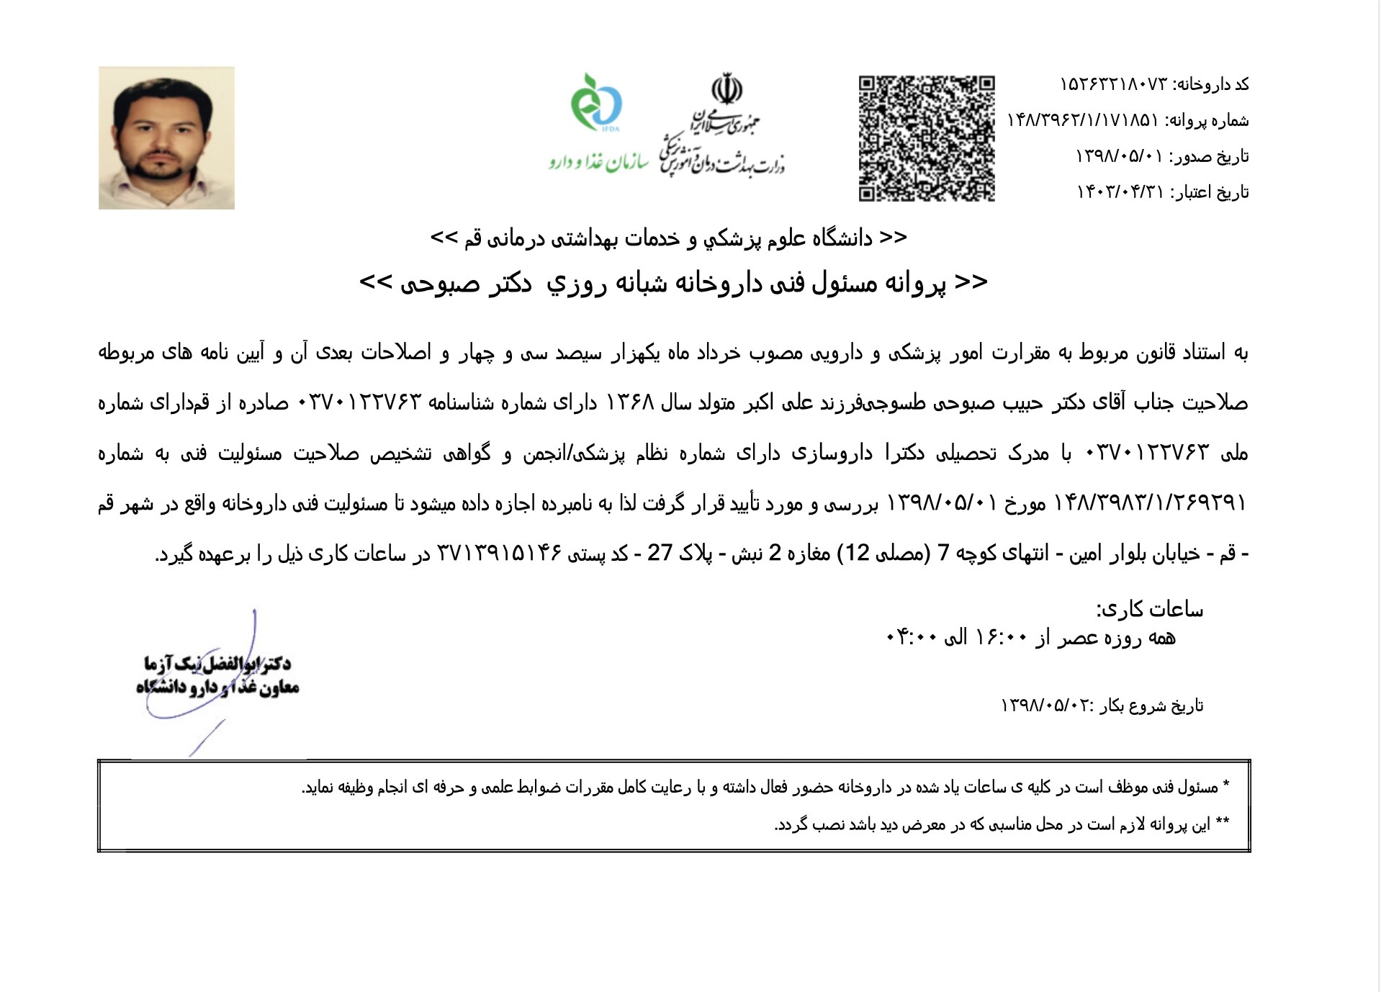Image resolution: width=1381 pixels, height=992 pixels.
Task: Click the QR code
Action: tap(926, 138)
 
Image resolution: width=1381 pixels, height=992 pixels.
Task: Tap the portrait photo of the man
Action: tap(166, 137)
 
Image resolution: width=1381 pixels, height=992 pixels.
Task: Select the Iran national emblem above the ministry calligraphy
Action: tap(727, 89)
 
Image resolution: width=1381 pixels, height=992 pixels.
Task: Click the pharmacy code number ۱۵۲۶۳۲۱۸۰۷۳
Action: tap(1113, 85)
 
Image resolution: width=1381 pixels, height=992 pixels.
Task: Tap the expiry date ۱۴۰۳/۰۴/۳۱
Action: tap(1120, 192)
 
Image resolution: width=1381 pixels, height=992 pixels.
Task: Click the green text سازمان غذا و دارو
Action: tap(598, 162)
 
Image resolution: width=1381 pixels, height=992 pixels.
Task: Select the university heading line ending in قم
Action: tap(668, 238)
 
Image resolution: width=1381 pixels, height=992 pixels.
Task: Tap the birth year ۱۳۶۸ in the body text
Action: tap(629, 402)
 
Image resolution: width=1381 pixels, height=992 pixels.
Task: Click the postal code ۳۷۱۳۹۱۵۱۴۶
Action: tap(499, 553)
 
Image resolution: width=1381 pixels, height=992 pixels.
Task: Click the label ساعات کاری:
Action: tap(1149, 610)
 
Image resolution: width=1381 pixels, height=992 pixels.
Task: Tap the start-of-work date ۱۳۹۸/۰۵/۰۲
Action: tap(1047, 705)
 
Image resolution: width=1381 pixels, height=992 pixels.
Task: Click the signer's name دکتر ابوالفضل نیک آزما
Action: tap(217, 663)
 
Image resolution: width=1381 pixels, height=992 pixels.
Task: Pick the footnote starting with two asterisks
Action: tap(1002, 824)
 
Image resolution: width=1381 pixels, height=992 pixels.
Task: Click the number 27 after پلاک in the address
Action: tap(660, 553)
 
